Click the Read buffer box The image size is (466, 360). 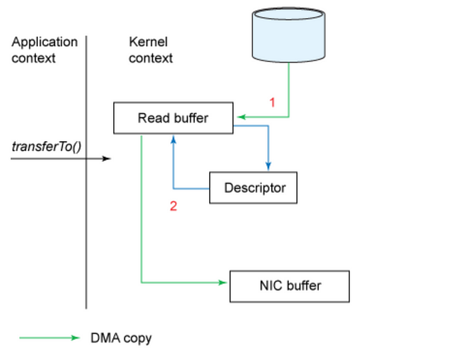pyautogui.click(x=173, y=118)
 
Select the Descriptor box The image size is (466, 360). pyautogui.click(x=253, y=188)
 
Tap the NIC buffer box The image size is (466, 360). pyautogui.click(x=290, y=286)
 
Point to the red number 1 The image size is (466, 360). pyautogui.click(x=272, y=102)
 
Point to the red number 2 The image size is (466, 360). pyautogui.click(x=173, y=206)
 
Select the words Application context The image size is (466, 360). pyautogui.click(x=44, y=50)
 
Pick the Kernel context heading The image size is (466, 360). pyautogui.click(x=150, y=50)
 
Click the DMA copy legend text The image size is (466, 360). pyautogui.click(x=121, y=338)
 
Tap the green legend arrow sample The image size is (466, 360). pyautogui.click(x=49, y=338)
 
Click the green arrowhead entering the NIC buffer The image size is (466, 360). pyautogui.click(x=224, y=283)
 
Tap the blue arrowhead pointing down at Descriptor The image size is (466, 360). pyautogui.click(x=268, y=166)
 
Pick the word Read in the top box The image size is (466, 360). pyautogui.click(x=150, y=118)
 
